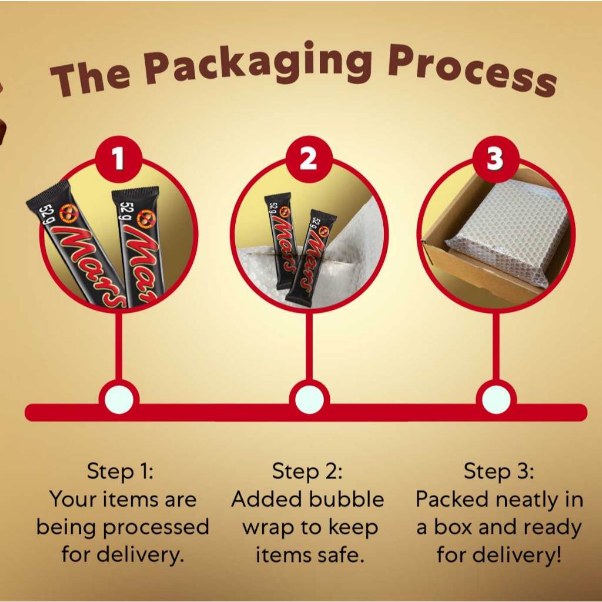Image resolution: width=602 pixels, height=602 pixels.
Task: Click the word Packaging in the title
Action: [x=258, y=63]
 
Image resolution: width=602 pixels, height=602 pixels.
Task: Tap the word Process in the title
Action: [x=472, y=71]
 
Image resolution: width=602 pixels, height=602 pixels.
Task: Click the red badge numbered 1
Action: [x=119, y=159]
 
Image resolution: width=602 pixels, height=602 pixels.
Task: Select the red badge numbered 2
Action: [x=308, y=159]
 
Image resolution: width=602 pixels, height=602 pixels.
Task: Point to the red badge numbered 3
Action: [x=496, y=159]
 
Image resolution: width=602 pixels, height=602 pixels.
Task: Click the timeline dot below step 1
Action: [x=119, y=400]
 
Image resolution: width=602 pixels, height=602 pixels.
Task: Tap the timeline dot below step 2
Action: [x=309, y=400]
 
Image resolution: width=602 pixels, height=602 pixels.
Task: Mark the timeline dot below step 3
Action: [x=496, y=400]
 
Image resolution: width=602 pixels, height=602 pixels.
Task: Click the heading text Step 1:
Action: [x=120, y=471]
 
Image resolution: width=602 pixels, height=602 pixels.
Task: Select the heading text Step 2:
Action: [x=307, y=471]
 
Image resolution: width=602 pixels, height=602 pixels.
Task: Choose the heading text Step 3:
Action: [x=499, y=471]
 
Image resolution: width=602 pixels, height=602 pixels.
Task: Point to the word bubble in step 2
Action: [x=347, y=499]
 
